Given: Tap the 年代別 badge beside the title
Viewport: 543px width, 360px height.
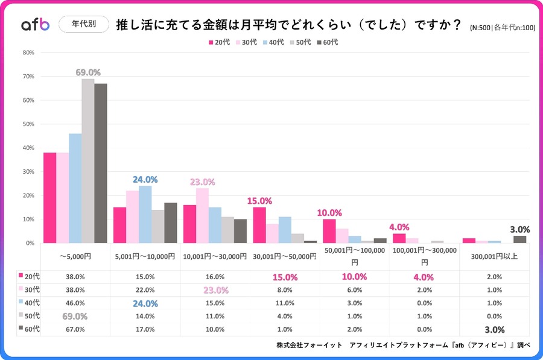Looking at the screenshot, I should point(83,24).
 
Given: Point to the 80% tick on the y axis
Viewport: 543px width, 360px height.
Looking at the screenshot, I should point(28,52).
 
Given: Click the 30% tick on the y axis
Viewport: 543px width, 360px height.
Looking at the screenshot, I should point(28,172).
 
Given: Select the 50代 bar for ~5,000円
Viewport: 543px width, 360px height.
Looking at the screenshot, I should point(88,161).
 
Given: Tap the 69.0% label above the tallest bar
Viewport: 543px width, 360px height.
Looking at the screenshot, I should point(88,72).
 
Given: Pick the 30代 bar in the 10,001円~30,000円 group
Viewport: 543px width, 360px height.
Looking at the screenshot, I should point(202,215).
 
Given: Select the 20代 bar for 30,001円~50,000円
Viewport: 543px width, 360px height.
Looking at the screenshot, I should point(259,225).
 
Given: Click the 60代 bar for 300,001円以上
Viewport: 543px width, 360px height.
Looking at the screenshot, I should point(519,239).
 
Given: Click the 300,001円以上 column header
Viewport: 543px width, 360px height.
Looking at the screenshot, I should point(494,256).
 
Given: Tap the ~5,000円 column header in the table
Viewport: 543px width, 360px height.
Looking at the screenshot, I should point(75,256).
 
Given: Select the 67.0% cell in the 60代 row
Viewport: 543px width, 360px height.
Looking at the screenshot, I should point(75,329).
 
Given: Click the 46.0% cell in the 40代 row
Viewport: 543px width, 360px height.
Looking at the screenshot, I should point(75,303).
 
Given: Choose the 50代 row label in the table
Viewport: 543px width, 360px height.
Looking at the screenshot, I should point(30,315).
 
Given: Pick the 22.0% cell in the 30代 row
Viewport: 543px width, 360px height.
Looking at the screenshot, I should point(145,289).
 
